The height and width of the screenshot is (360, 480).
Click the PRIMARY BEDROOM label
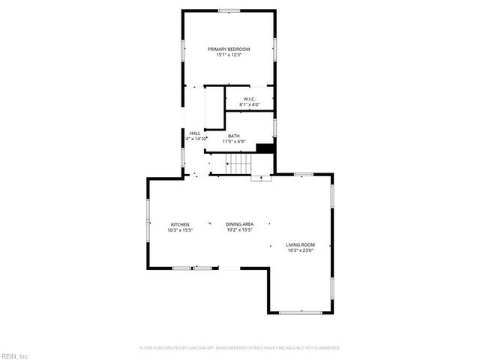coord(229,49)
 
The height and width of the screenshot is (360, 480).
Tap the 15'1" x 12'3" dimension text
coord(229,55)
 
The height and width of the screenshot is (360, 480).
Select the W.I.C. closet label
coord(250,99)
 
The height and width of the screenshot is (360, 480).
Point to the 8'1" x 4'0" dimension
coord(250,105)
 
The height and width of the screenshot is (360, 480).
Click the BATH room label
coord(234,136)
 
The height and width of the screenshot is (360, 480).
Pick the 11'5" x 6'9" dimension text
coord(234,142)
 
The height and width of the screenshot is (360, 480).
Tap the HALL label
coord(195,133)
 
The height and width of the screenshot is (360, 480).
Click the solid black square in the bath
coord(264,148)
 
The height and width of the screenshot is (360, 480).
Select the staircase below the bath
coord(239,163)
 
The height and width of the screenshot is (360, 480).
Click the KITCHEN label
coord(180,224)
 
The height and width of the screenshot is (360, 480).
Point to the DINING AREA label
coord(240,224)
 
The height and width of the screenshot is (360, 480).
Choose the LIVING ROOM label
coord(300,244)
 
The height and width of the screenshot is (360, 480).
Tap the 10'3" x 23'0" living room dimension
coord(300,250)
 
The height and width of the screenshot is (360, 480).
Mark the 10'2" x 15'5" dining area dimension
coord(240,230)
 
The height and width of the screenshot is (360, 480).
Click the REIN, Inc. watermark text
coord(15,355)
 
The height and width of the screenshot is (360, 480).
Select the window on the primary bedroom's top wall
coord(229,10)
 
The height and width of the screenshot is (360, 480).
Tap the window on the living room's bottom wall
coord(300,312)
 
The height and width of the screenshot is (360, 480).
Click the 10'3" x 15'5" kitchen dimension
coord(180,230)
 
